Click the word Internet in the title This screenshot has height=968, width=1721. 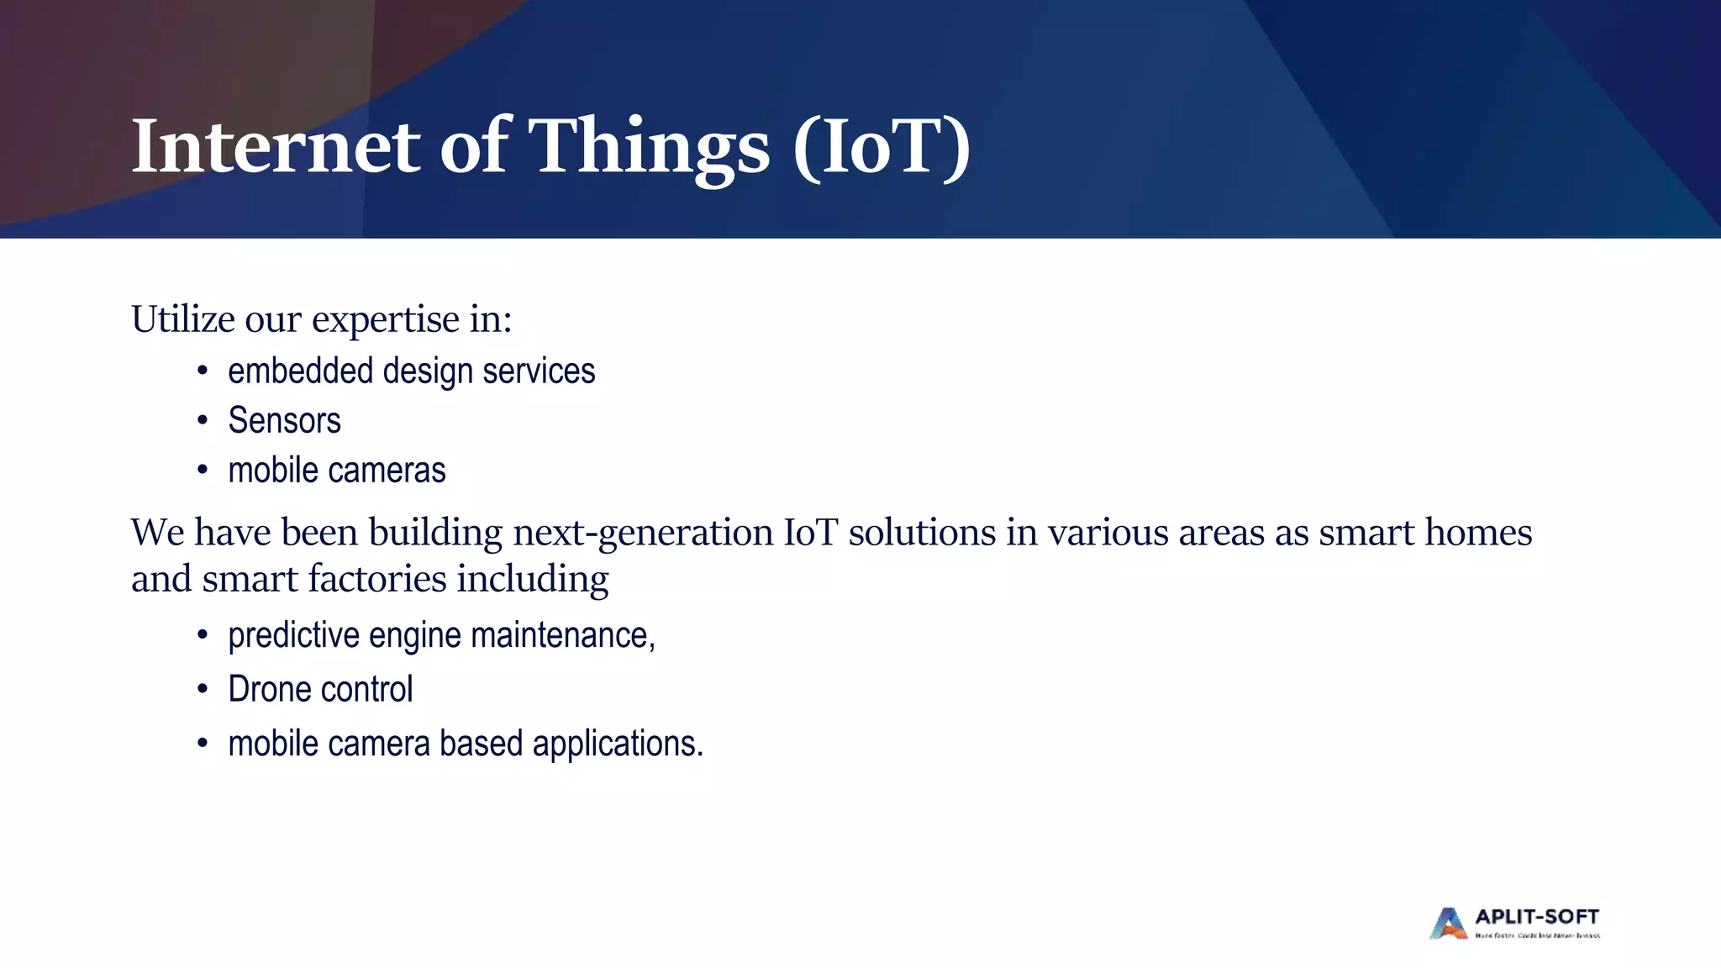tap(276, 147)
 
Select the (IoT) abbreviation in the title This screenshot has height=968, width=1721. tap(882, 147)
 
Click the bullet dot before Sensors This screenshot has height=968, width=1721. tap(202, 420)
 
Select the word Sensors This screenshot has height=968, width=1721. tap(284, 420)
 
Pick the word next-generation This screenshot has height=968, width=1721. tap(643, 534)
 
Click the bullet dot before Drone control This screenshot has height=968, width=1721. tap(202, 690)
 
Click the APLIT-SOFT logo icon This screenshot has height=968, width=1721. tap(1448, 923)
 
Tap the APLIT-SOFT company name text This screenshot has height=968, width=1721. tap(1537, 917)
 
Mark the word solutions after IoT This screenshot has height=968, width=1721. tap(922, 533)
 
